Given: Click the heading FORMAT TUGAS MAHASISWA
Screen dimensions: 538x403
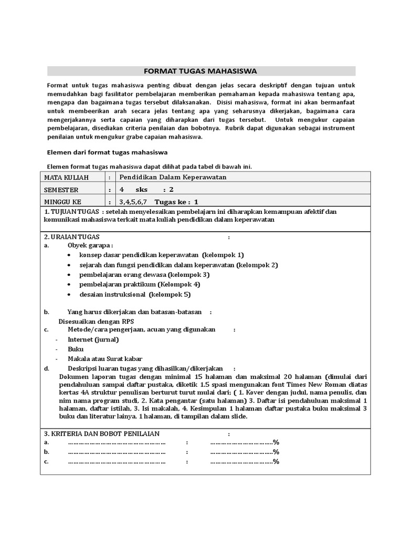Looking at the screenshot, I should click(201, 71).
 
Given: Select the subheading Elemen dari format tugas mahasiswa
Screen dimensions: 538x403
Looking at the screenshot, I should click(107, 152).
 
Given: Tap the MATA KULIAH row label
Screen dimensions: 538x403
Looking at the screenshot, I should click(67, 178).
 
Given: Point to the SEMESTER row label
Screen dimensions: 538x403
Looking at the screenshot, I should click(61, 190).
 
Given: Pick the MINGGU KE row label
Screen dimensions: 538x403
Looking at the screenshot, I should click(63, 202).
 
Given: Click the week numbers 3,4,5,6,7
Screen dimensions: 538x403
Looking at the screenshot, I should click(133, 202).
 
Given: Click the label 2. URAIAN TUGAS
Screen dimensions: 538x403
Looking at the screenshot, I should click(71, 237).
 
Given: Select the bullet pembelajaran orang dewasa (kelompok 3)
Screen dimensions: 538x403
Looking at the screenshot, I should click(144, 274).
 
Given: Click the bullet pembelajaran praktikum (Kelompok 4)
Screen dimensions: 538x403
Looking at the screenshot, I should click(140, 284).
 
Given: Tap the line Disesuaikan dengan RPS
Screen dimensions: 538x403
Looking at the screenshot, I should click(96, 321).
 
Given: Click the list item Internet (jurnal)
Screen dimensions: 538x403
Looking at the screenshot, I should click(93, 339).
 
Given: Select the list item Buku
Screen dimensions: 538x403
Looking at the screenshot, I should click(76, 349).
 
